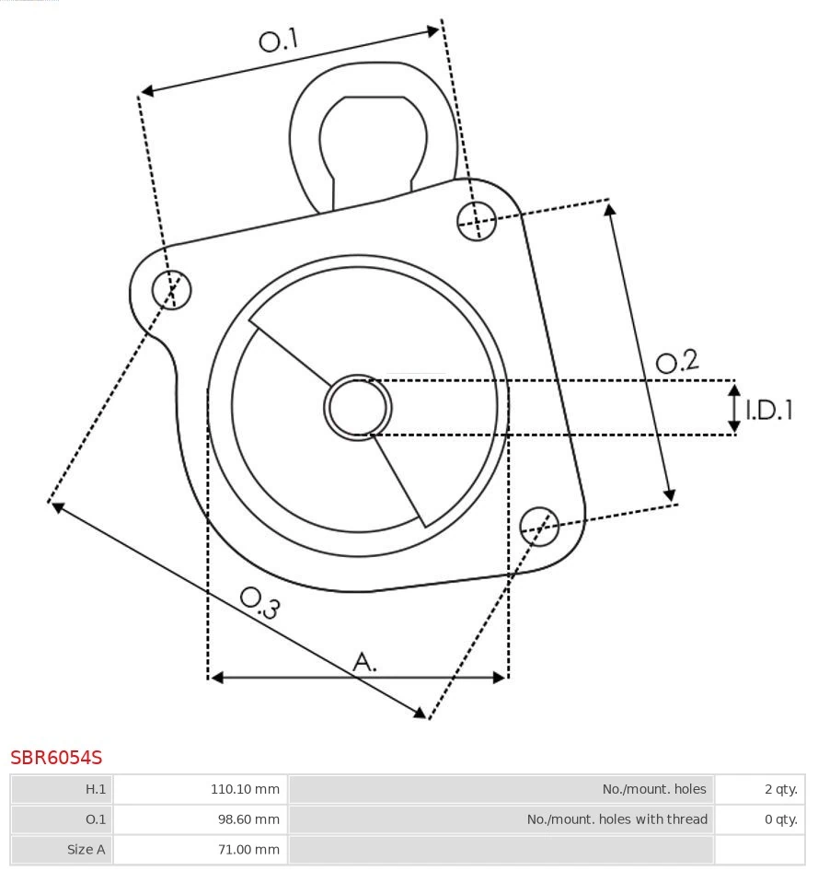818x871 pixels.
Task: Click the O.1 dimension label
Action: (279, 41)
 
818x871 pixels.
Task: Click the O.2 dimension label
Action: (677, 362)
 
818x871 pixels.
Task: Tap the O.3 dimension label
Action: (260, 603)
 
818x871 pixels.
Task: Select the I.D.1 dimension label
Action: (769, 410)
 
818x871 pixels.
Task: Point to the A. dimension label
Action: (364, 662)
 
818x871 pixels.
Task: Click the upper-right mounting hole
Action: (477, 221)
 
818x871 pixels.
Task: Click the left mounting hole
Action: (171, 290)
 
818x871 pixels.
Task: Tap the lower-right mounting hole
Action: (539, 527)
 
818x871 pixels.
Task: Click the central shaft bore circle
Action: (358, 408)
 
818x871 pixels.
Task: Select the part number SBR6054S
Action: (56, 757)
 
